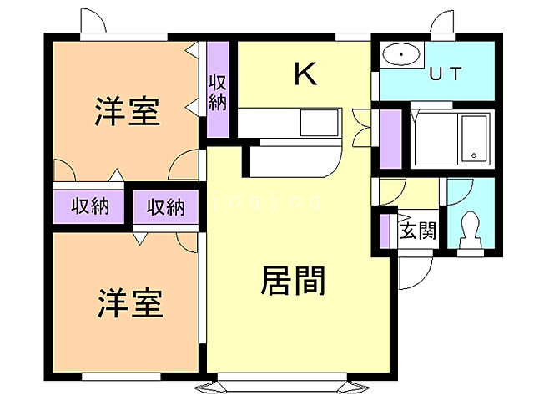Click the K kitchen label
coord(305,75)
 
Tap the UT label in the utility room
coord(445,73)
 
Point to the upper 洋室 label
coord(127,111)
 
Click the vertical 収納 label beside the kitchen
coord(218,92)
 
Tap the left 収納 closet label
coord(89,206)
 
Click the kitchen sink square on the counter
coord(320,123)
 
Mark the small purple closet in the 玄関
coord(385,230)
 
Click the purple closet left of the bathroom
coord(390,138)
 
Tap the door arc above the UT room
coord(442,23)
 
